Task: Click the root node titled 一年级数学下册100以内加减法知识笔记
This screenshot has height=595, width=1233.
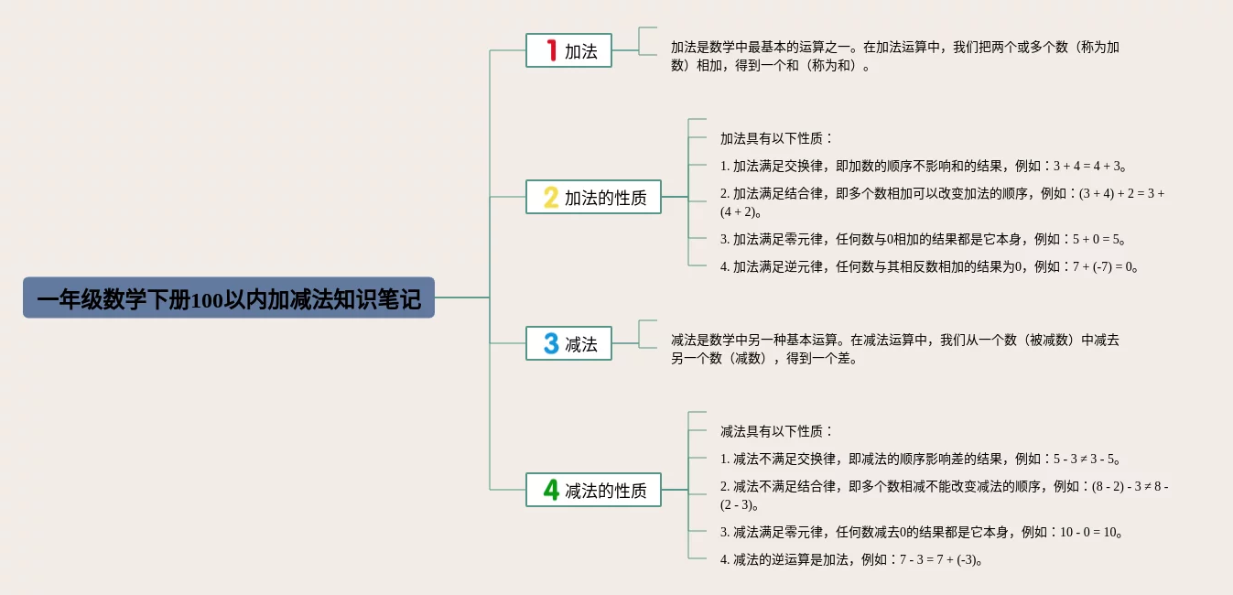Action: (x=229, y=298)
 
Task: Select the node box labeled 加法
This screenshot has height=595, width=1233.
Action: (x=568, y=50)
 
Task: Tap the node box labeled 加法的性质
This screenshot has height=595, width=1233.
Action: (x=593, y=197)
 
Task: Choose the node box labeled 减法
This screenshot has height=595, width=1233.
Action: (x=568, y=343)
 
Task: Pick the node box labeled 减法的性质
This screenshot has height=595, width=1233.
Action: (x=593, y=490)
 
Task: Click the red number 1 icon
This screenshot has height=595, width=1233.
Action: (x=551, y=50)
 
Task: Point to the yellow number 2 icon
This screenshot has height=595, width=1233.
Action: (x=551, y=197)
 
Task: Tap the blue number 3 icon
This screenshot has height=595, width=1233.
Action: (x=551, y=343)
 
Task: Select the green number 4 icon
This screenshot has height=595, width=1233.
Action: (x=551, y=490)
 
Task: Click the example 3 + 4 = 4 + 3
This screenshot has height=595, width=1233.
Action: (x=1087, y=167)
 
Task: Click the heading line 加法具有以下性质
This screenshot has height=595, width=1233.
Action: (x=776, y=139)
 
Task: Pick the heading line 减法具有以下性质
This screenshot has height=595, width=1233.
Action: (x=776, y=432)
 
